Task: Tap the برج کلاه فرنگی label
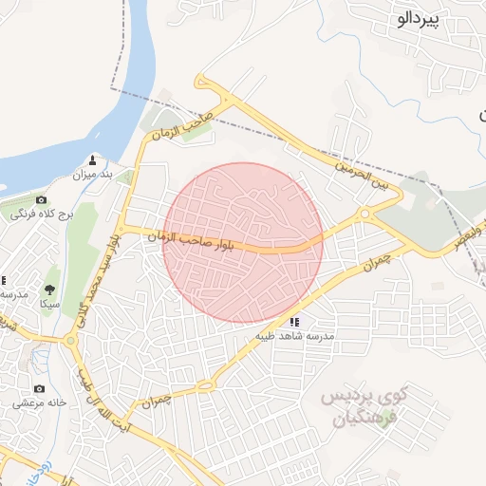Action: [x=42, y=215]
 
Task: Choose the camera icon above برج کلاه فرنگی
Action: [x=41, y=199]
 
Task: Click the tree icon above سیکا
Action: [x=48, y=289]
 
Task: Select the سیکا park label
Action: [x=48, y=304]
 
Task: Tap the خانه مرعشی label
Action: [x=39, y=403]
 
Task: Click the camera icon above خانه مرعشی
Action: [x=39, y=388]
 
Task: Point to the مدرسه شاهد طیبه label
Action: [x=294, y=336]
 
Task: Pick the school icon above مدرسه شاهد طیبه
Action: [x=294, y=322]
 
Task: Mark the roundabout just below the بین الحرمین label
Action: [x=365, y=215]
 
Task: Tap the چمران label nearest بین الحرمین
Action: [x=377, y=258]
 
